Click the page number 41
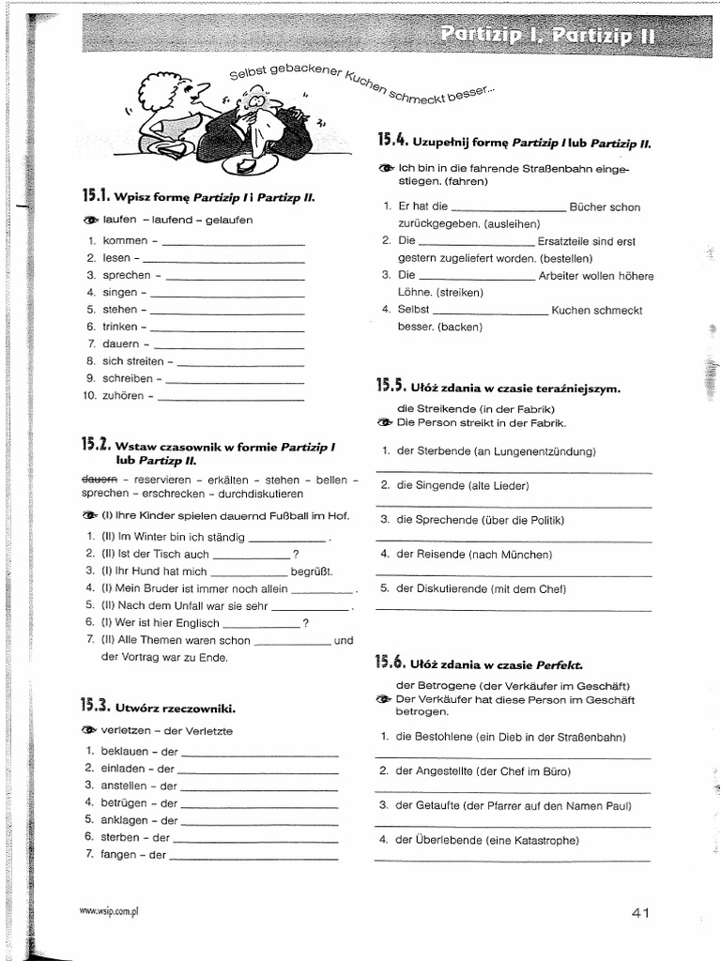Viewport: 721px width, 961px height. (640, 912)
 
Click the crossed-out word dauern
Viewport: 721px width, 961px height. (99, 480)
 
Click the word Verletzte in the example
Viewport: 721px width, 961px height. (207, 731)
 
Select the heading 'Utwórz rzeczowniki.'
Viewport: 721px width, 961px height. (175, 708)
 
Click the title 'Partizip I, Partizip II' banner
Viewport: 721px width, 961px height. (548, 36)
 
